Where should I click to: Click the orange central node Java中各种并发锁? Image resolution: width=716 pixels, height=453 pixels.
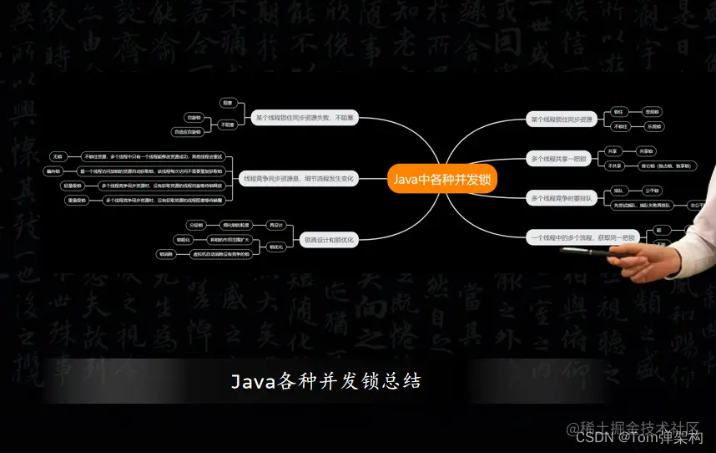pos(442,178)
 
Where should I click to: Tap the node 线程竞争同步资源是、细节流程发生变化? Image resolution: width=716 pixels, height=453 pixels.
pos(298,178)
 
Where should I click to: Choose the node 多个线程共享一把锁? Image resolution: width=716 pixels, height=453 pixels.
pos(559,158)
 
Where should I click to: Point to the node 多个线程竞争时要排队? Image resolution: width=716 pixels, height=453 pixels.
pos(562,198)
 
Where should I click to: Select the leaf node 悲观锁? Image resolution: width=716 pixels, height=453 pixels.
pos(653,111)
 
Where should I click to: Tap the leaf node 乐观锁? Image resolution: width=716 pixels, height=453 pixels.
pos(653,127)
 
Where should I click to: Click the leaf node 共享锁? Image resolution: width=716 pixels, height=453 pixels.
pos(646,151)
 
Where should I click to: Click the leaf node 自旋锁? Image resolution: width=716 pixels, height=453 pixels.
pos(194,118)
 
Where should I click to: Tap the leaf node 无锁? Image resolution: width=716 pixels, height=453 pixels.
pos(58,156)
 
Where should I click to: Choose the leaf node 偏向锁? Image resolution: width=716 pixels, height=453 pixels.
pos(53,171)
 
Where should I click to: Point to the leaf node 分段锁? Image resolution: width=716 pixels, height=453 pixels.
pos(196,225)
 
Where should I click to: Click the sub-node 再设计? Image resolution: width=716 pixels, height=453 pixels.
pos(276,225)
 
